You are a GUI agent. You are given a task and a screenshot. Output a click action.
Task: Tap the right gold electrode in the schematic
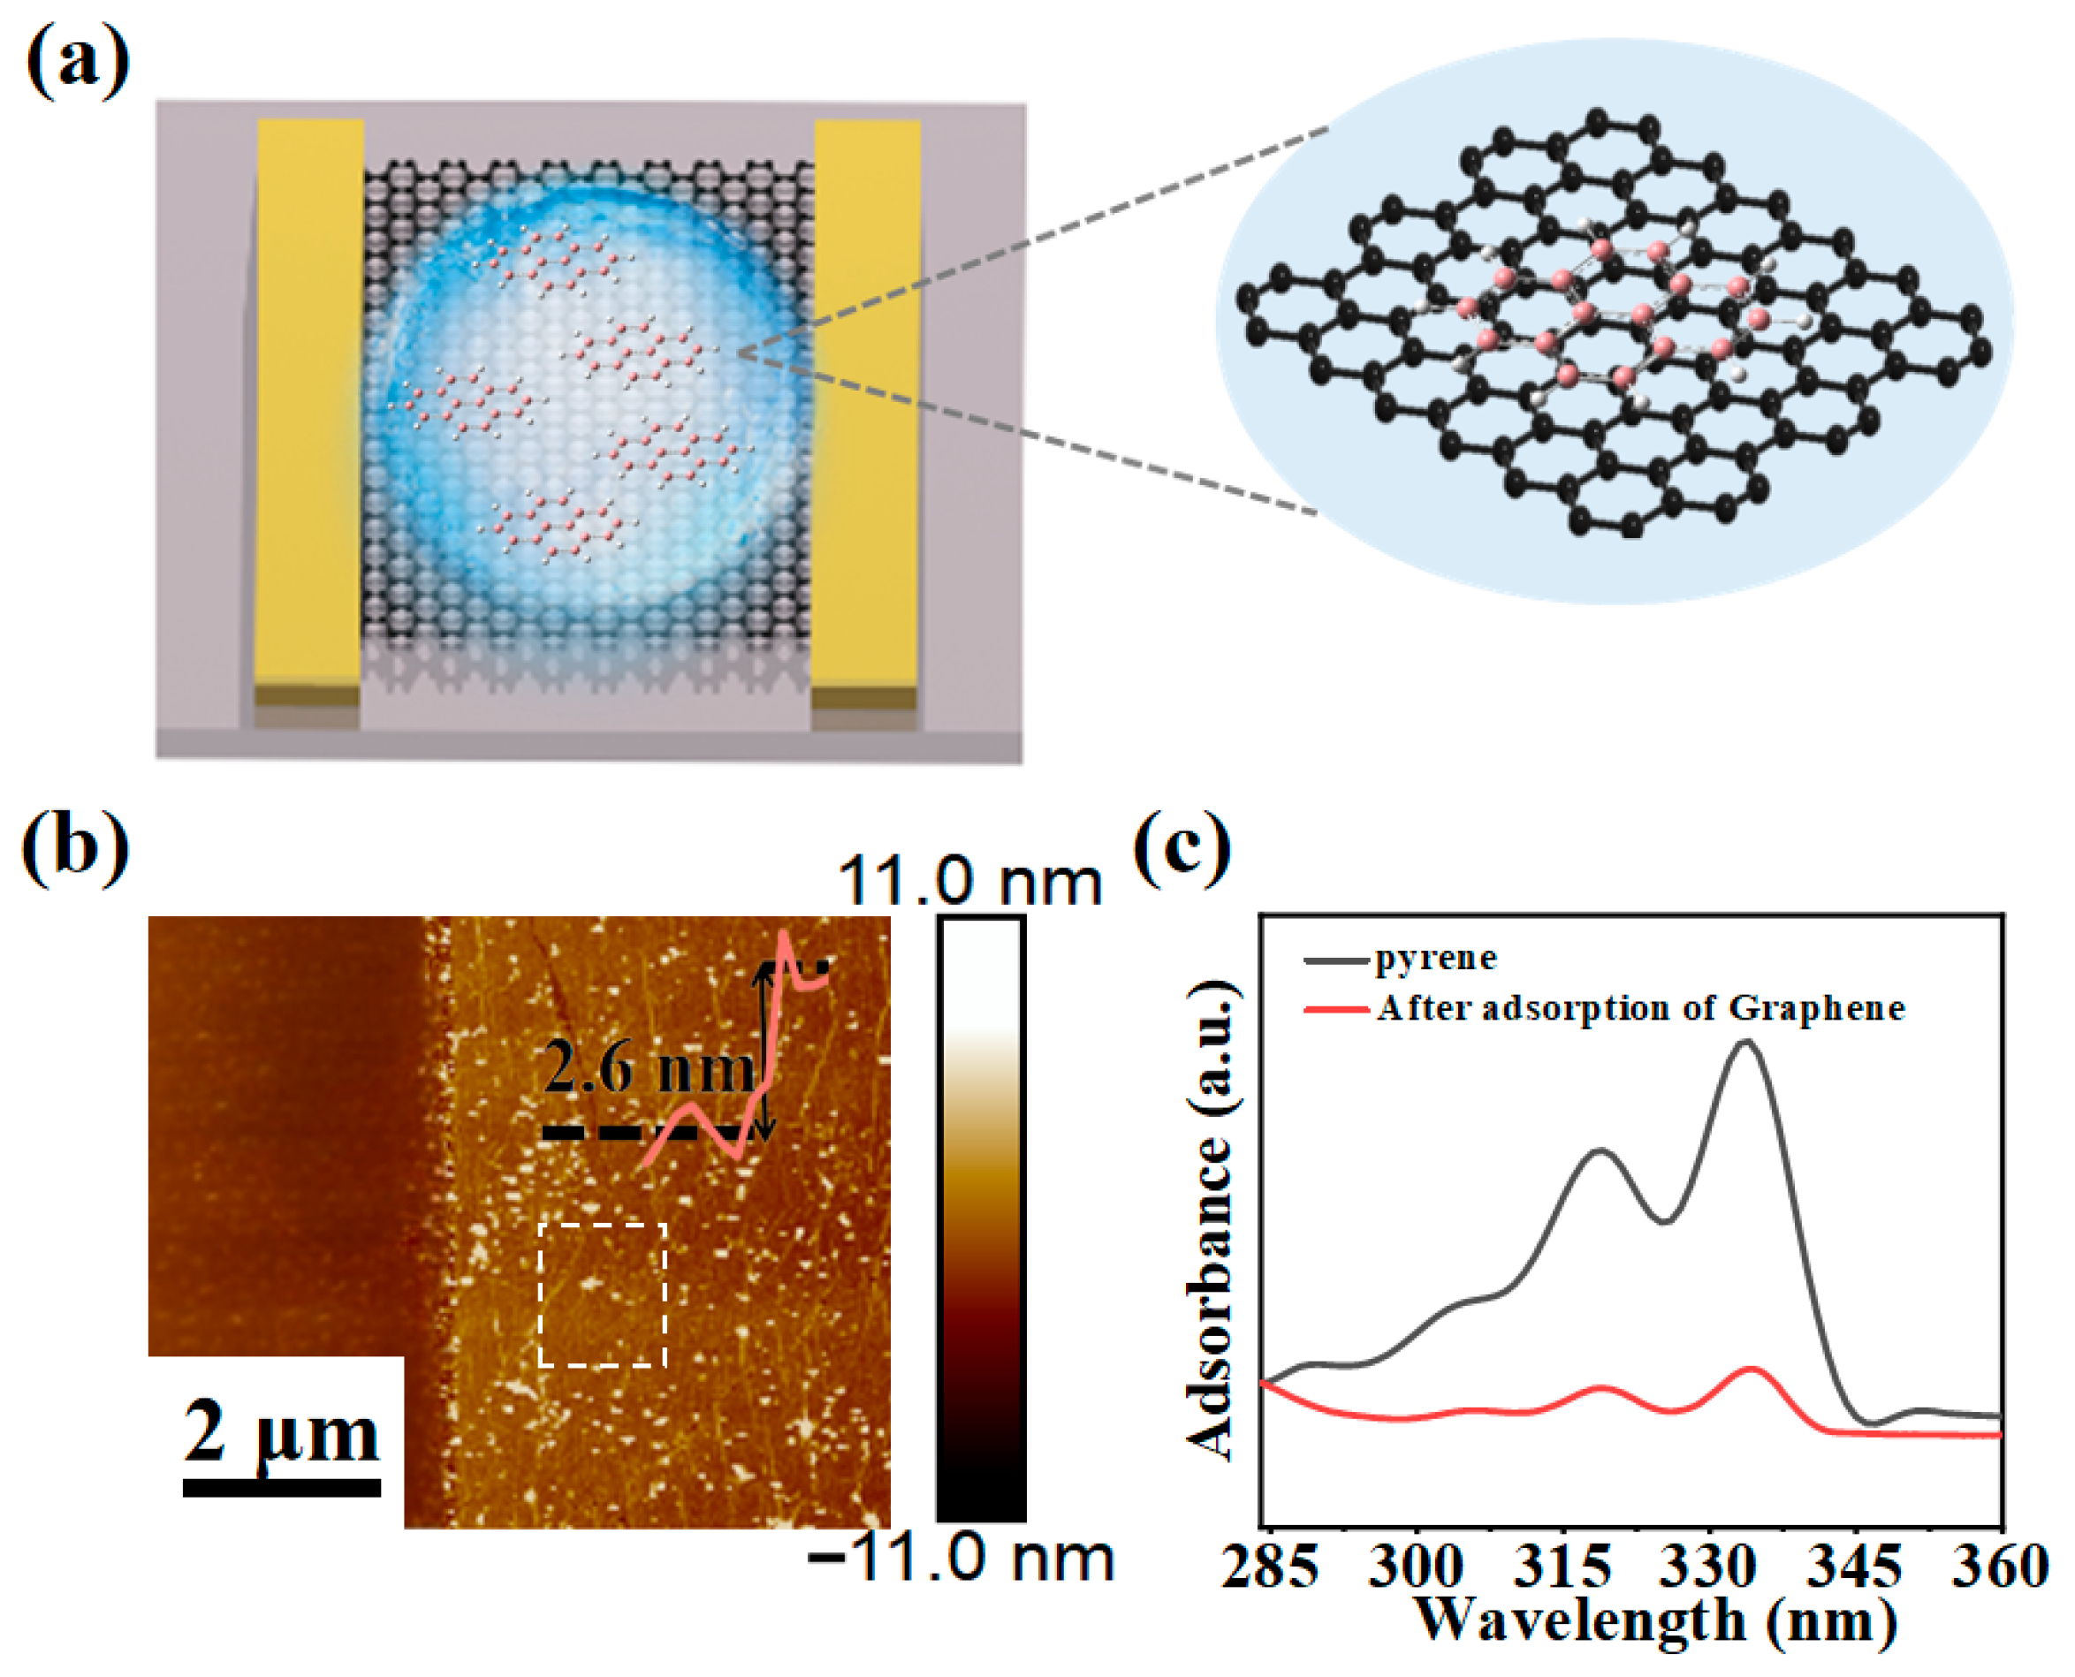tap(867, 406)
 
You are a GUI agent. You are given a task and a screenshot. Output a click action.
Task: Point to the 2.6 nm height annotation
tap(647, 1069)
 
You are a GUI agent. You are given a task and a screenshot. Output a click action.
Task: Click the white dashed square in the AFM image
tap(602, 1295)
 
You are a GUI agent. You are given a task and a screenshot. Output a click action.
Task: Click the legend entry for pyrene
tap(1435, 959)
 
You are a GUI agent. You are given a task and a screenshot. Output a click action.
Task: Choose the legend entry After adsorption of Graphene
tap(1640, 1008)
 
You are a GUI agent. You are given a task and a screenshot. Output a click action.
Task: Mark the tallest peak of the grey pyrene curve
tap(1744, 1043)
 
